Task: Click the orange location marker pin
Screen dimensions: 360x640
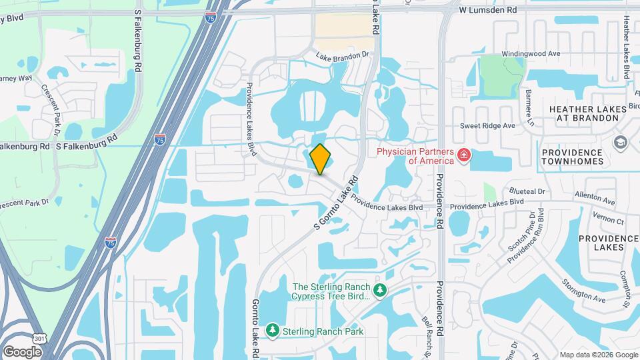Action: click(x=321, y=159)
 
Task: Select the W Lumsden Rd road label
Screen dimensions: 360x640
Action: click(x=488, y=11)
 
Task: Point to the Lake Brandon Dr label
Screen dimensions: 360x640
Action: click(x=343, y=57)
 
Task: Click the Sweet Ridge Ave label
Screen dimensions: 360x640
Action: click(x=488, y=125)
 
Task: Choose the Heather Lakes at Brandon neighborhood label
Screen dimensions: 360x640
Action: click(x=583, y=113)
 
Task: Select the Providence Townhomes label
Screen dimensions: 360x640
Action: click(x=571, y=157)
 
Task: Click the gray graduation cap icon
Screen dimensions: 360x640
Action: click(x=621, y=142)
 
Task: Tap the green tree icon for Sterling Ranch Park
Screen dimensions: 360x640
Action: click(x=272, y=331)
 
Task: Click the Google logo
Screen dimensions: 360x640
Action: click(x=22, y=351)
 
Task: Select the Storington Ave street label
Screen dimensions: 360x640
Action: click(x=584, y=293)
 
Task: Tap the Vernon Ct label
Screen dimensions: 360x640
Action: click(x=610, y=221)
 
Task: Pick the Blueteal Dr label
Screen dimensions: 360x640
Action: click(x=527, y=191)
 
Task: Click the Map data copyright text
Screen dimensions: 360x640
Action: click(x=598, y=355)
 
